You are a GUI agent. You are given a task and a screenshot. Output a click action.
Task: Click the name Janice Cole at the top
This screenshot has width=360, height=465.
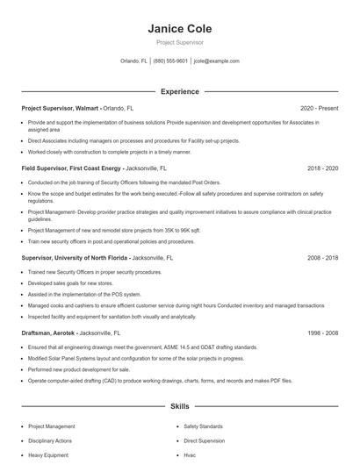coord(179,28)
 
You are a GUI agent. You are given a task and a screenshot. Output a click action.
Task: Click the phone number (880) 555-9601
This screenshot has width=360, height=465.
coord(170,61)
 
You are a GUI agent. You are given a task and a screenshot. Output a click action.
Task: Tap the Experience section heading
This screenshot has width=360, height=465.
coord(179,91)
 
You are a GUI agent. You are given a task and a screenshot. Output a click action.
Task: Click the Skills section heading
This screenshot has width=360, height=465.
coord(179,407)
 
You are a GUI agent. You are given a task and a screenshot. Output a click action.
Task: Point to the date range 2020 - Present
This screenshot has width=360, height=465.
coord(319,108)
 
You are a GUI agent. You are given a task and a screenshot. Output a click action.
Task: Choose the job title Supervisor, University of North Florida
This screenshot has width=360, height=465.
coord(75,259)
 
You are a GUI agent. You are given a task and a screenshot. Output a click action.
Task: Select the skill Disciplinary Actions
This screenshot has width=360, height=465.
coord(52,441)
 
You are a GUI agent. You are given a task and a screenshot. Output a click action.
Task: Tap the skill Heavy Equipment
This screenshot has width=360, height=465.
coord(48,456)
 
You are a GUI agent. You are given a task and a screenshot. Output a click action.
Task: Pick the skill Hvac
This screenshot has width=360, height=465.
coord(190,456)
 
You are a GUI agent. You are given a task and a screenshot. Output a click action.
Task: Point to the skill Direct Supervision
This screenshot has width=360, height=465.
coord(205,441)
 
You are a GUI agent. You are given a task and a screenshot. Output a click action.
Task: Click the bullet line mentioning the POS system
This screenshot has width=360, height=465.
coord(84,296)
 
